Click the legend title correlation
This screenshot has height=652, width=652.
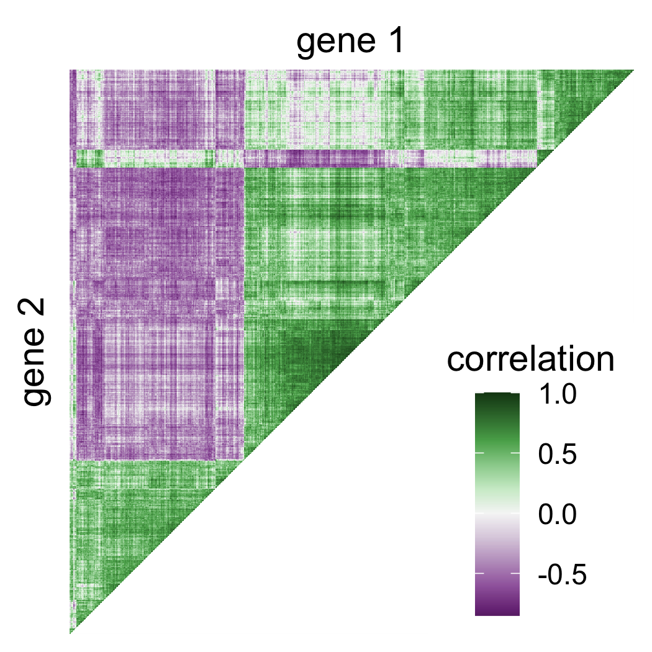tap(530, 360)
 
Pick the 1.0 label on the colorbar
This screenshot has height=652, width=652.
tap(555, 396)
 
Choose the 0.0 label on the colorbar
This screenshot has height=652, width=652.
tap(555, 515)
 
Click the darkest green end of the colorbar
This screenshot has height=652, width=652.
tap(497, 397)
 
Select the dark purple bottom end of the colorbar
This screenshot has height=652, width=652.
tap(497, 611)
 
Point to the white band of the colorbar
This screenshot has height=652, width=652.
tap(497, 514)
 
